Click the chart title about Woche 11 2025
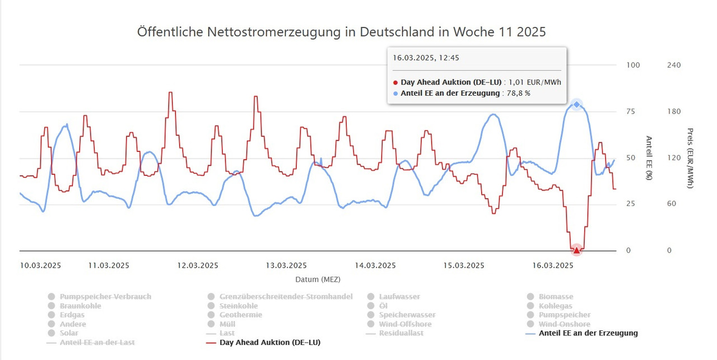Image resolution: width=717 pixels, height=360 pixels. point(341,32)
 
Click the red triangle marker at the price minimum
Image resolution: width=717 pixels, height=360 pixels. point(576,250)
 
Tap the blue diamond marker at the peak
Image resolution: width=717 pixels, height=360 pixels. point(576,104)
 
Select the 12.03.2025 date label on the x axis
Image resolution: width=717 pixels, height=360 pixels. point(198,265)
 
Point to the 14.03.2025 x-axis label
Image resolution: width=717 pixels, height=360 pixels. point(376,265)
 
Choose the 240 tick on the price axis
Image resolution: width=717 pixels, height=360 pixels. point(674,65)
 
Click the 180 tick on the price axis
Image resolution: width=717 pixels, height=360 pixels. point(674,111)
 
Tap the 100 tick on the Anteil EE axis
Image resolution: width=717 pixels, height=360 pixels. point(632,65)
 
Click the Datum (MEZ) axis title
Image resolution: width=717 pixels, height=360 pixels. point(318,279)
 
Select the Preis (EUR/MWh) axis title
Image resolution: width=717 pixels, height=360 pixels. point(690,158)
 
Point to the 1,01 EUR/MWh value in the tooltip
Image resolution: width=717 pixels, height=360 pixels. point(535,82)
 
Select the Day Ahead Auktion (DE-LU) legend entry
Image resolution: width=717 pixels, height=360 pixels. point(269,342)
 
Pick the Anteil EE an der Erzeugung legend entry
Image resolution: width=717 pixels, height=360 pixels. point(588,333)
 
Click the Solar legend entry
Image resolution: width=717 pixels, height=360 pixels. point(69,333)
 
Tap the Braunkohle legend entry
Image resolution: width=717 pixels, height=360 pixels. point(80,306)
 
